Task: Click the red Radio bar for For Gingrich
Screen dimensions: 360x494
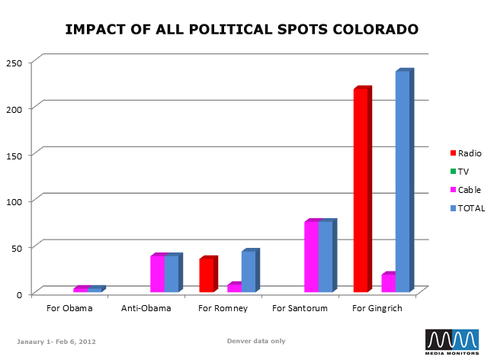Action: [x=361, y=191]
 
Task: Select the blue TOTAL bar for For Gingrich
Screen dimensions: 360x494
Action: [x=403, y=182]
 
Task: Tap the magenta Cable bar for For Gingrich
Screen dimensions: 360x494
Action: [x=388, y=283]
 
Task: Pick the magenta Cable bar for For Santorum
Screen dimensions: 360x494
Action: [x=311, y=257]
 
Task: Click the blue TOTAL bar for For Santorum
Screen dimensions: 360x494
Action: [x=326, y=257]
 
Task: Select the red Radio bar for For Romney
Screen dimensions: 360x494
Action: [x=207, y=275]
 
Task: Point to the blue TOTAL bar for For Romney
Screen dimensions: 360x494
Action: [x=249, y=272]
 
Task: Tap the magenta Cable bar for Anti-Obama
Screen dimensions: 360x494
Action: [x=157, y=274]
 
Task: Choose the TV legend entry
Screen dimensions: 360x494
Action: [x=463, y=172]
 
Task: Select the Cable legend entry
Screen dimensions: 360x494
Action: [x=469, y=190]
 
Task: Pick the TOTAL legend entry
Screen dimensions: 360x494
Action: [x=470, y=208]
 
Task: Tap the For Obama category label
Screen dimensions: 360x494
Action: [x=69, y=309]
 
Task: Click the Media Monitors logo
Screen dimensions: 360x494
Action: [x=452, y=342]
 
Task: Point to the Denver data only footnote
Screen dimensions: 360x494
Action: [x=256, y=341]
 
